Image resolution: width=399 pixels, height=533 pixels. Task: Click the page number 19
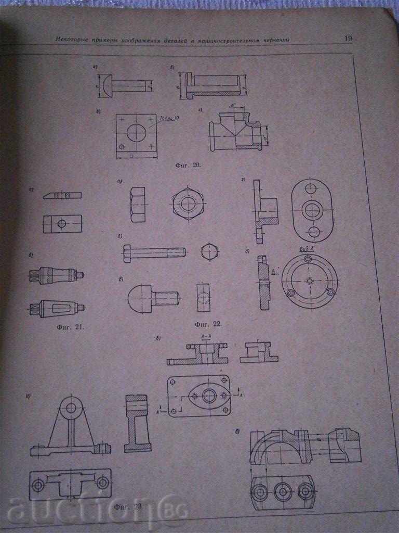[348, 37]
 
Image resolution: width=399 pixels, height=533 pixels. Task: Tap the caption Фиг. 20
[188, 165]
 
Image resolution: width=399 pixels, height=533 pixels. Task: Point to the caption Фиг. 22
[208, 324]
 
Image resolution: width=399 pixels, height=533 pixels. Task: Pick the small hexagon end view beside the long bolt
[208, 251]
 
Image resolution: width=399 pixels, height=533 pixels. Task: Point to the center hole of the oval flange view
[312, 210]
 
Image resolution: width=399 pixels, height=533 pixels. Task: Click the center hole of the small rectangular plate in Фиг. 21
[62, 224]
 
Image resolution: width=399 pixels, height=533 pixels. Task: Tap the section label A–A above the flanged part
[206, 337]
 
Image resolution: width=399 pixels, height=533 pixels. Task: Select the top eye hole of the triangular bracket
[70, 407]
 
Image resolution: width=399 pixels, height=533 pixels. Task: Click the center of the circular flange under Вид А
[310, 281]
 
